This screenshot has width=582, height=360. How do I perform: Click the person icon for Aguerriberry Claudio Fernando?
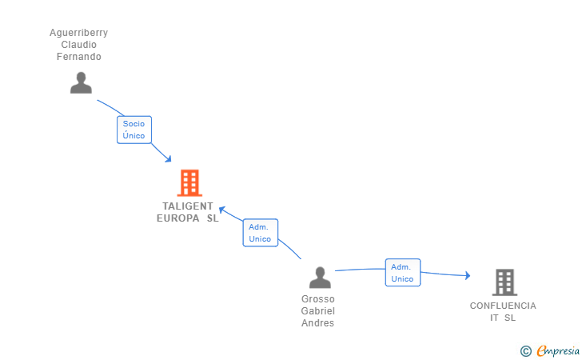(81, 82)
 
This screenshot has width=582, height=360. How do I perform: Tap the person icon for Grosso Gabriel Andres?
(320, 278)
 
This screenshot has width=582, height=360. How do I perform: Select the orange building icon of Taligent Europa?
(189, 183)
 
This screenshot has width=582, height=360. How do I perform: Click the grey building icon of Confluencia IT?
(504, 282)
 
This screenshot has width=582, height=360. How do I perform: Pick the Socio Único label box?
(134, 130)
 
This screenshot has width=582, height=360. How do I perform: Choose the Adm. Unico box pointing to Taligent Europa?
(260, 233)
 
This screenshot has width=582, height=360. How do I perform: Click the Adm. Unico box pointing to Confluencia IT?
(402, 273)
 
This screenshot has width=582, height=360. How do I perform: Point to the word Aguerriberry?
(78, 33)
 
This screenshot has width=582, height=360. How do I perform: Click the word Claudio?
(78, 45)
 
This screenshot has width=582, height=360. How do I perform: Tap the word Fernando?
(78, 57)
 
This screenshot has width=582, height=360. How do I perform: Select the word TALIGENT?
(188, 206)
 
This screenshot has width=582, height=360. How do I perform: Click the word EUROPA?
(179, 218)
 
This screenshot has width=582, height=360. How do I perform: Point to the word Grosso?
(318, 299)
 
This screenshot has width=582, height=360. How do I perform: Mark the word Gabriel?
(318, 311)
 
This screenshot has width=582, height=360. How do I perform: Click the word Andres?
(318, 323)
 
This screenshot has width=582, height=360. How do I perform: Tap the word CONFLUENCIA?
(503, 306)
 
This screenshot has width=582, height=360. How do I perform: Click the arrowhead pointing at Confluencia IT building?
(467, 276)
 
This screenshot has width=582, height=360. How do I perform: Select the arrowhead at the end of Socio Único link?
(168, 159)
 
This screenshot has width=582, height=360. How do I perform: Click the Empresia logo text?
(558, 350)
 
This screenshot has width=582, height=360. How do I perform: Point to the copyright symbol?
(525, 350)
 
